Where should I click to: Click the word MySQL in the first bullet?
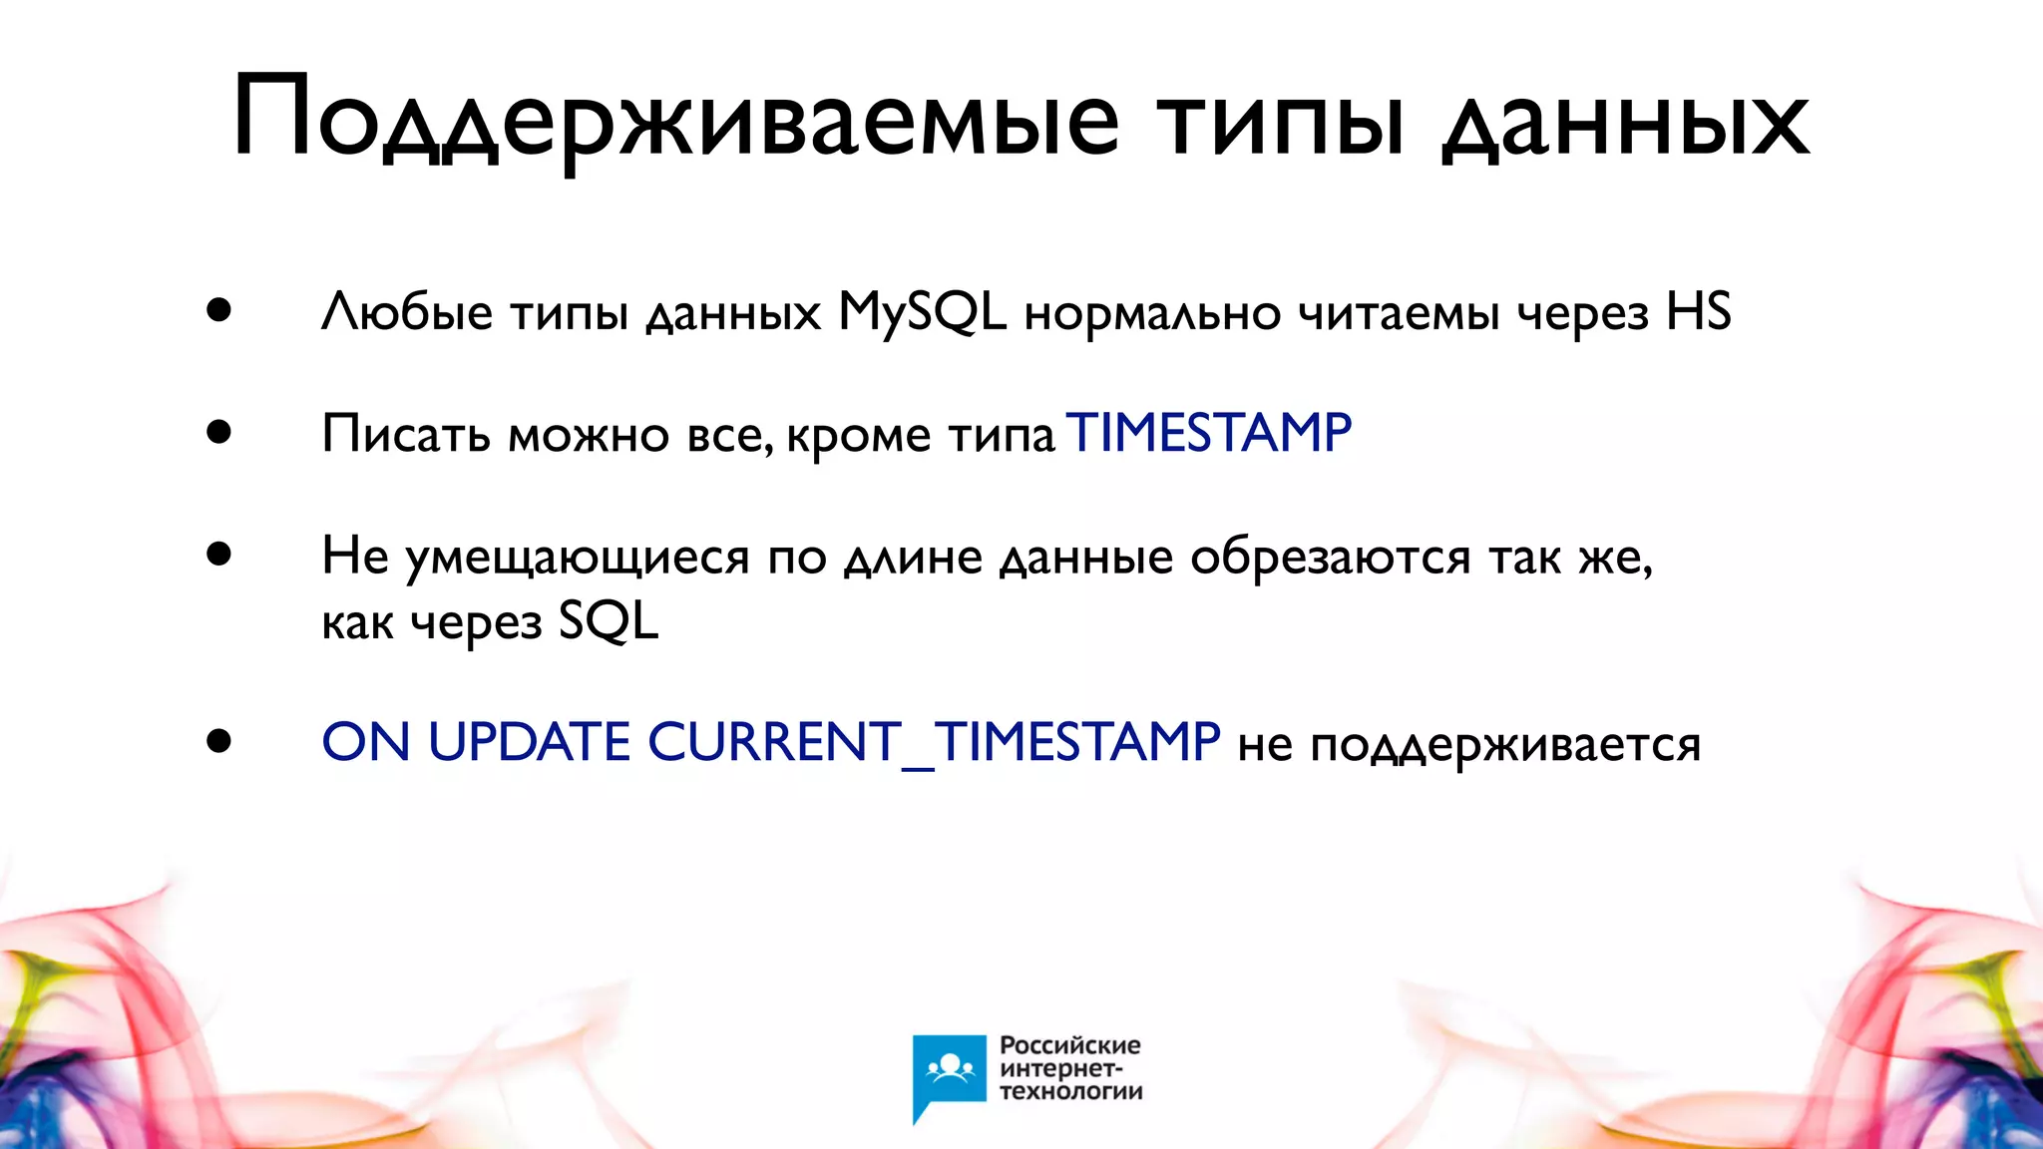point(922,312)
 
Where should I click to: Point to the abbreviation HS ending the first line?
point(1699,312)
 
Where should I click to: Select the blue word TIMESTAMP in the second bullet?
point(1209,434)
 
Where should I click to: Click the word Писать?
point(406,434)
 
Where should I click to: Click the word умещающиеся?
point(578,557)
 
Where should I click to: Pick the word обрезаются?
point(1330,557)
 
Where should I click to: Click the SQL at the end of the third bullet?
point(609,621)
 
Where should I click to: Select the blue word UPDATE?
point(529,742)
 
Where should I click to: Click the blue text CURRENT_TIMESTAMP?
point(934,742)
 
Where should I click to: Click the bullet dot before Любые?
point(219,310)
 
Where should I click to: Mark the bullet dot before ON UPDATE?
point(219,741)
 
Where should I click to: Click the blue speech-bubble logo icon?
point(949,1073)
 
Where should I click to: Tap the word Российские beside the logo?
point(1069,1045)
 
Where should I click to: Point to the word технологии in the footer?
point(1070,1091)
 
